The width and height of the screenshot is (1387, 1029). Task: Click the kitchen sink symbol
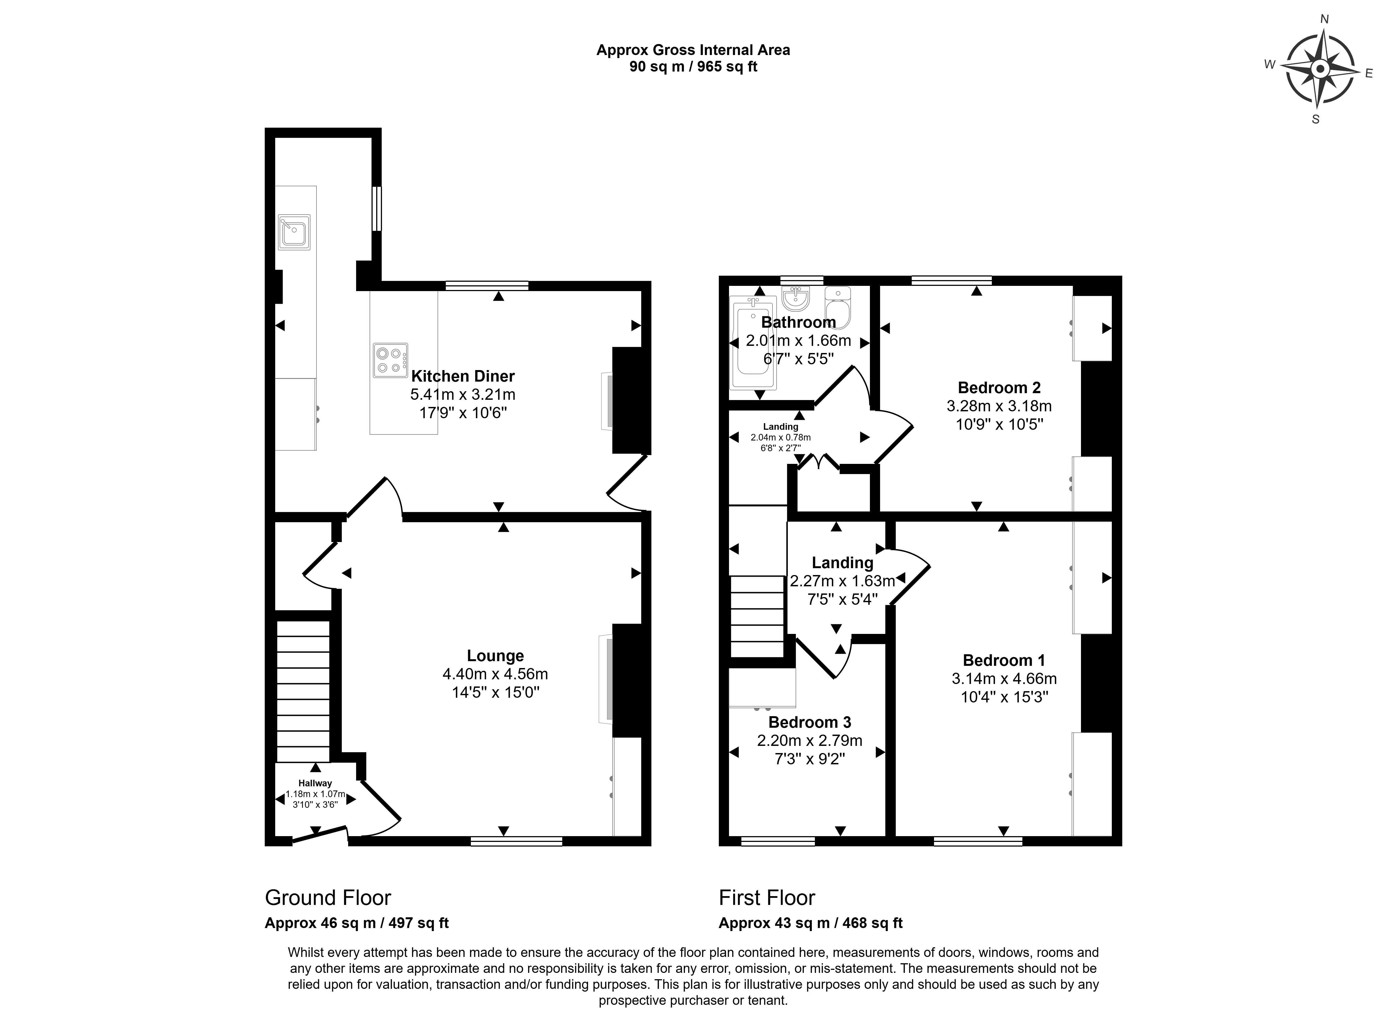click(294, 232)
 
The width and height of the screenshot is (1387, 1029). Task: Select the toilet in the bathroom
click(837, 307)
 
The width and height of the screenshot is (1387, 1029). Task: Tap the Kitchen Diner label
click(463, 376)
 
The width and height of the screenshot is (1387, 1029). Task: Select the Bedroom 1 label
click(1004, 660)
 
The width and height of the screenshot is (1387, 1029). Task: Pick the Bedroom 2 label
click(999, 387)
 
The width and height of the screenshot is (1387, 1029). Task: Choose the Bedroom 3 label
click(809, 723)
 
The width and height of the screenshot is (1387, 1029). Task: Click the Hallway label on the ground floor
click(315, 784)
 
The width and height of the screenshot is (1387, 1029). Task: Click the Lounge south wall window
click(517, 842)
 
